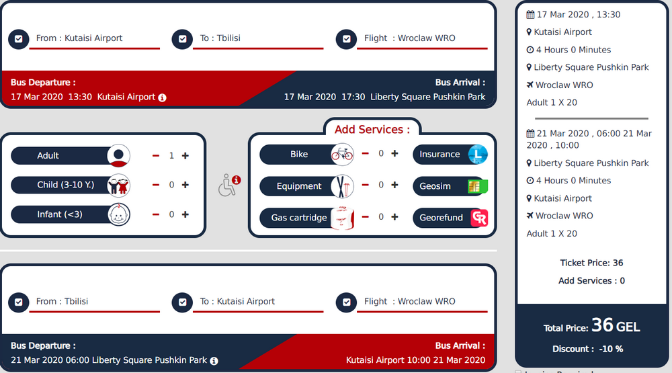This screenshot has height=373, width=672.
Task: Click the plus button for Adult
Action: click(185, 156)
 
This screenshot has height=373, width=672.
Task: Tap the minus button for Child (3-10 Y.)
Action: click(156, 185)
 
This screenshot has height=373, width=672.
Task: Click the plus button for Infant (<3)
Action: click(185, 214)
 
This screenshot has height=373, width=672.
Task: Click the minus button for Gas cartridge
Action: click(365, 217)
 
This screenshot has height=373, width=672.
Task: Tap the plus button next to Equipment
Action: click(394, 185)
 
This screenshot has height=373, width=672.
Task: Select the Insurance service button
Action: click(450, 155)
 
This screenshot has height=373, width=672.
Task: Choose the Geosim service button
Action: click(450, 186)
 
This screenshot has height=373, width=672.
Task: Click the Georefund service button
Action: click(450, 218)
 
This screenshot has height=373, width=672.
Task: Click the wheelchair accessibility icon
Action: click(226, 185)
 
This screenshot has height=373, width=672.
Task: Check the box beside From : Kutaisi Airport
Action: click(18, 39)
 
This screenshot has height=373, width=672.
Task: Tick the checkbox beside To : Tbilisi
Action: click(182, 39)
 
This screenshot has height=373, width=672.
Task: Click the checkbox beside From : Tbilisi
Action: click(18, 302)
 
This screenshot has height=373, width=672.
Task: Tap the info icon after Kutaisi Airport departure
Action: click(162, 97)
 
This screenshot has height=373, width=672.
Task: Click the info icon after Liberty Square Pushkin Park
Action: click(214, 361)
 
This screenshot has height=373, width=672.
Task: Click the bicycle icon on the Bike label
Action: click(343, 155)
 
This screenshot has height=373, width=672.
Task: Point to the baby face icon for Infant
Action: click(119, 214)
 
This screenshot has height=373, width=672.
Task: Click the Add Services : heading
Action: click(372, 130)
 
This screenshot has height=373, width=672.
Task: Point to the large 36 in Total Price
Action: click(602, 325)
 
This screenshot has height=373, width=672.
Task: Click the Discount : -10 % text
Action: click(587, 349)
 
